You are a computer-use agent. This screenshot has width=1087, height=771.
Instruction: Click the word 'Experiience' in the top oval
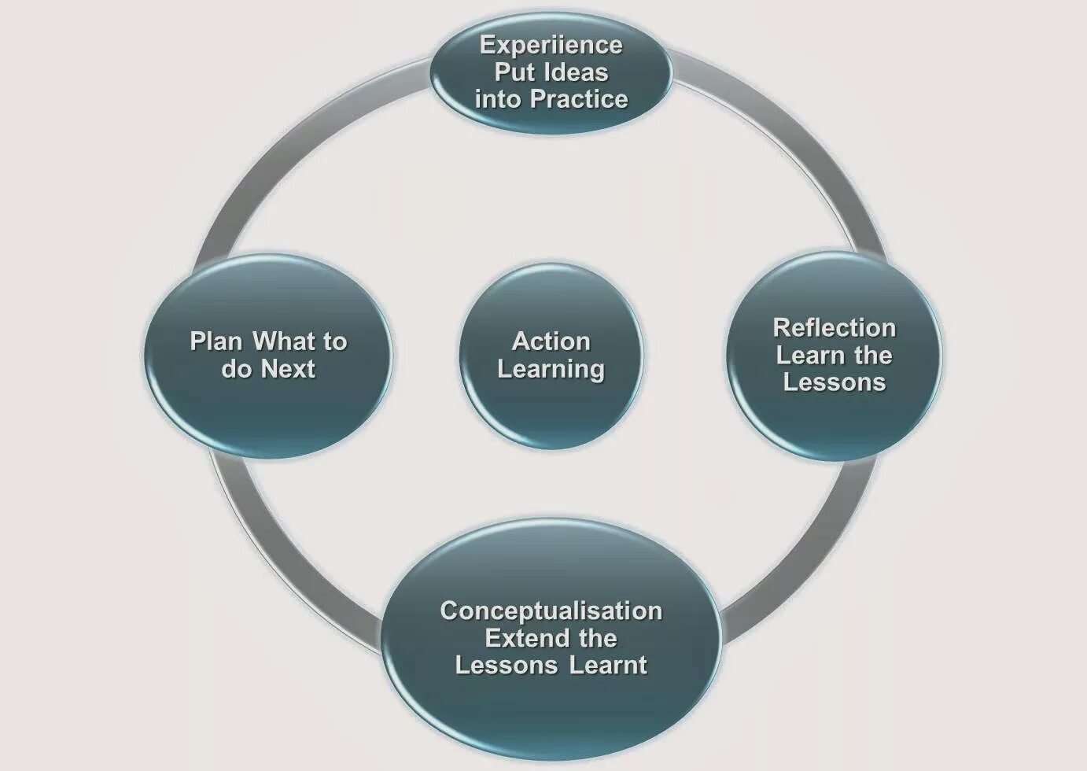(x=551, y=46)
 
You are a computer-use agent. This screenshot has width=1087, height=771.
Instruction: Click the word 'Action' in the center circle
(x=551, y=341)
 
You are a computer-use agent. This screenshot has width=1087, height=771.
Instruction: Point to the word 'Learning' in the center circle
(x=551, y=369)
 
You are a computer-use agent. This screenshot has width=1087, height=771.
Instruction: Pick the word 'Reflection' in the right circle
(x=834, y=327)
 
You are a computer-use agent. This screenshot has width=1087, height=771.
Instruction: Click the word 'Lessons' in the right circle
(x=834, y=382)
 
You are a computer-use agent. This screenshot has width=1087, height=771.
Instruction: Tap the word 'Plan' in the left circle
(x=216, y=341)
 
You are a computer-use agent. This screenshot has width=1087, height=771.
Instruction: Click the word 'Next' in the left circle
(x=288, y=369)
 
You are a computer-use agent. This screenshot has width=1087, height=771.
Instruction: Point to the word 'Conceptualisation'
(x=551, y=611)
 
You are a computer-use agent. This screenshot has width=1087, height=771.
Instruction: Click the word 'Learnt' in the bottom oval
(x=608, y=666)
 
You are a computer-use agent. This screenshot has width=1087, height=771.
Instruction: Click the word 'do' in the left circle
(x=236, y=369)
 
